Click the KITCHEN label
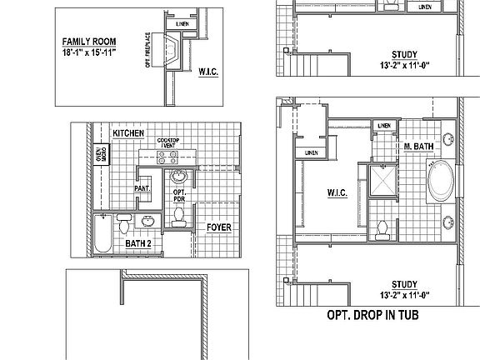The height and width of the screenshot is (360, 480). point(129,133)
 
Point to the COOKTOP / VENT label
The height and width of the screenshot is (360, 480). point(171,143)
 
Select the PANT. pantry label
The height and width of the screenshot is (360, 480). point(142,188)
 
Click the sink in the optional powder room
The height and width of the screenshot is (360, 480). point(179,177)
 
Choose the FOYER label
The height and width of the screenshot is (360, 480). point(219,227)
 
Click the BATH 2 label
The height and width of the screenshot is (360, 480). point(138,243)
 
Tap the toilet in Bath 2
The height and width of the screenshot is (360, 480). point(124,223)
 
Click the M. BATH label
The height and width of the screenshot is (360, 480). point(418,147)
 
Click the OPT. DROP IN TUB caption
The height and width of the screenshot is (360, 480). point(371,316)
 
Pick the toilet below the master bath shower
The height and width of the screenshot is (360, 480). point(381,227)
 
